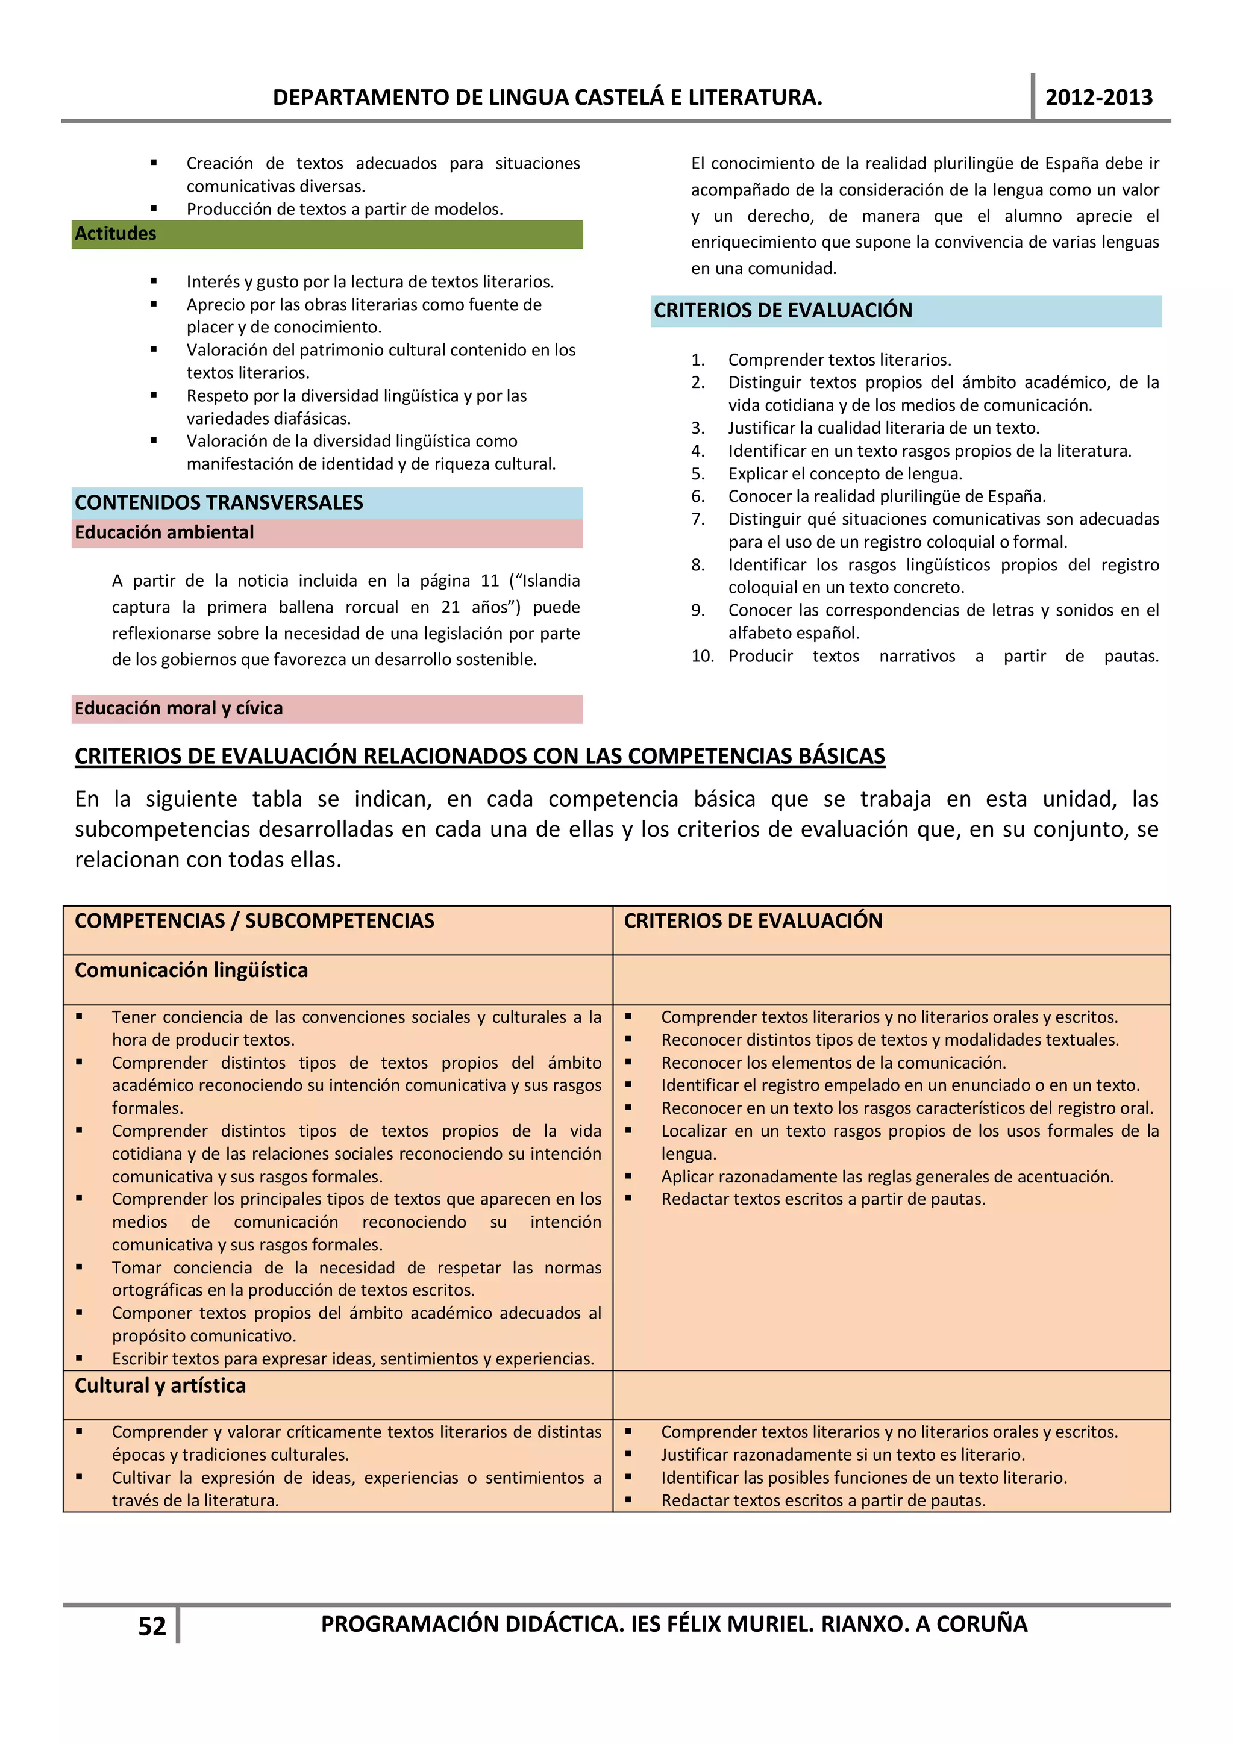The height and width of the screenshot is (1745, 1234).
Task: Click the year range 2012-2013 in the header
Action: [1098, 98]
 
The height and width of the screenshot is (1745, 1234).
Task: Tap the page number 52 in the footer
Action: [151, 1626]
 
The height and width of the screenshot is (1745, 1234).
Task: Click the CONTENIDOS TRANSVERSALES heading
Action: [219, 502]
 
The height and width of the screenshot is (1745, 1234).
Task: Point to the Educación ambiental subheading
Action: [164, 532]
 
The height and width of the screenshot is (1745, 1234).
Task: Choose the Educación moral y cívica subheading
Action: [179, 708]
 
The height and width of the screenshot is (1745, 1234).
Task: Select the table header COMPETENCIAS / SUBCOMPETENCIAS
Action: [254, 920]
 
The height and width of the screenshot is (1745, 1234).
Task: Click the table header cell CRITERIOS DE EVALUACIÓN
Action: [753, 920]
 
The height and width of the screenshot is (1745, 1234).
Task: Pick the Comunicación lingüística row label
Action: [191, 970]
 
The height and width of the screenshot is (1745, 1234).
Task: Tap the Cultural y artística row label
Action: [160, 1385]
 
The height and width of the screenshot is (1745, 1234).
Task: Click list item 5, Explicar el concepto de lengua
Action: [844, 473]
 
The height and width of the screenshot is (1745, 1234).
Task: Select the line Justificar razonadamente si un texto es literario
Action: [842, 1455]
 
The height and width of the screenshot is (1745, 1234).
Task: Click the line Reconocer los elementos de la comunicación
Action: [833, 1063]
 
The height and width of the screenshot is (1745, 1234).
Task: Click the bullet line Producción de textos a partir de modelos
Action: [345, 209]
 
